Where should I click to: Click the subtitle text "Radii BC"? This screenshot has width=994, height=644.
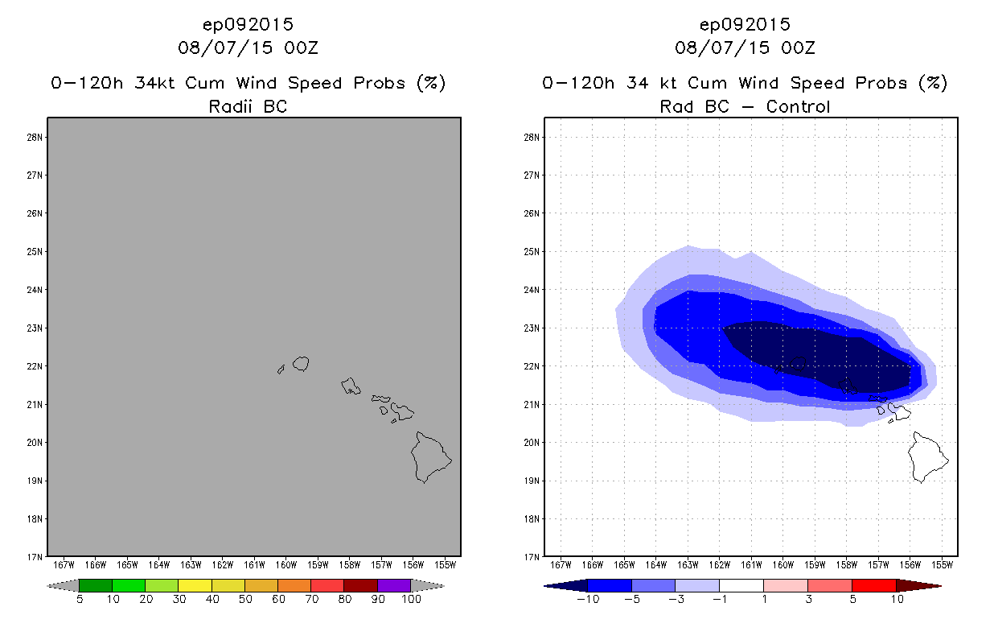(248, 106)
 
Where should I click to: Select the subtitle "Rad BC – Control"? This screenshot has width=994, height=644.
(745, 106)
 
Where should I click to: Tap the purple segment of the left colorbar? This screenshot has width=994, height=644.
(394, 585)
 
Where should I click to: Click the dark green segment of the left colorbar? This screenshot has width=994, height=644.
(96, 585)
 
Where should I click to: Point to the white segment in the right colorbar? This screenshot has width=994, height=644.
(741, 585)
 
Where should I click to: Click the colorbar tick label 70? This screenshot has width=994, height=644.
(310, 599)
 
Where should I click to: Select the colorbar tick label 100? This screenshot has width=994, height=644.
(411, 599)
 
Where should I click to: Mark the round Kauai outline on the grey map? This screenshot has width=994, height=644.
(302, 364)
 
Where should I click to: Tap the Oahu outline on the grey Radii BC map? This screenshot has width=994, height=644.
(351, 386)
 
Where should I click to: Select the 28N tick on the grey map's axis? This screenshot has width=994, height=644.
(35, 137)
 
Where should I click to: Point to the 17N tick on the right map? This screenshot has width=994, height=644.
(532, 557)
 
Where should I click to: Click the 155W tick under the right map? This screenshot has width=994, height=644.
(942, 564)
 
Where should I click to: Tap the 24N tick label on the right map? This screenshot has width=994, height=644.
(532, 290)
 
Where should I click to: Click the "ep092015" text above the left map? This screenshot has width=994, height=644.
(248, 24)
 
